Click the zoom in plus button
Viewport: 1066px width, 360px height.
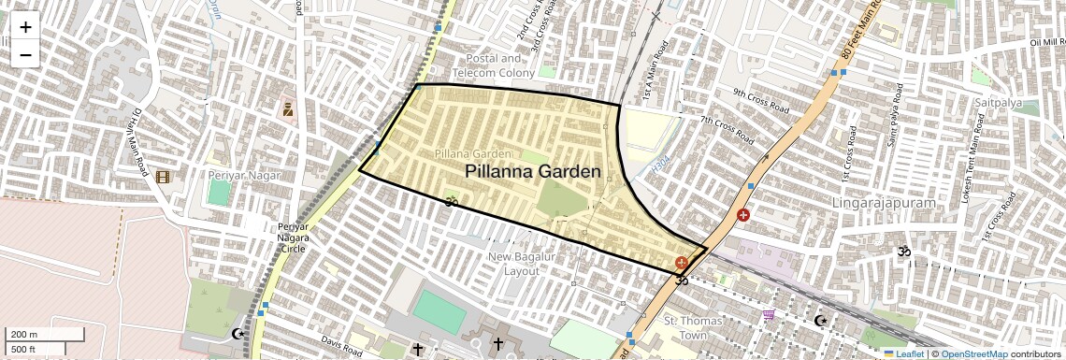click(x=25, y=26)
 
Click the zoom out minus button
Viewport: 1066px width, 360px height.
click(x=25, y=54)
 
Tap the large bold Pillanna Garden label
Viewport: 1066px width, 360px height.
click(x=532, y=171)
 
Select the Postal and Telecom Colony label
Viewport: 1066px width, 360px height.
click(x=494, y=65)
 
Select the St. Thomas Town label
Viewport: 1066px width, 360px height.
click(x=693, y=328)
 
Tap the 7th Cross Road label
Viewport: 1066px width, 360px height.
click(x=727, y=130)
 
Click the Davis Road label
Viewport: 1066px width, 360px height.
click(x=340, y=348)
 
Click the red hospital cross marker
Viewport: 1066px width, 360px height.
click(x=743, y=216)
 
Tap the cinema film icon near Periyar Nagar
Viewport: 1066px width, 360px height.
click(x=163, y=177)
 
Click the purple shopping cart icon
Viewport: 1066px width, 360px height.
click(x=769, y=316)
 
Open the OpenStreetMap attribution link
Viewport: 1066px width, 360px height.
click(x=973, y=353)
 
